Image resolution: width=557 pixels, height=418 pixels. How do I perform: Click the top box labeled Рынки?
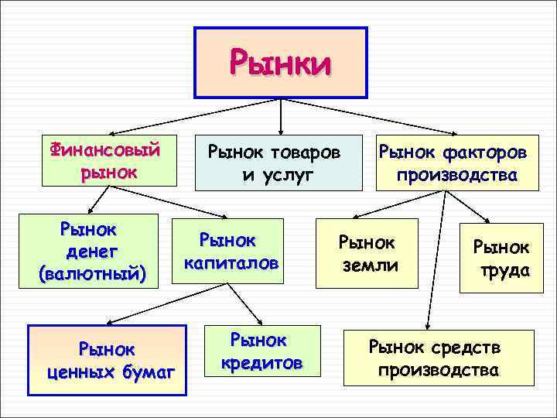(279, 63)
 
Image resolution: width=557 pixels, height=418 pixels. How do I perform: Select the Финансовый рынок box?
(108, 161)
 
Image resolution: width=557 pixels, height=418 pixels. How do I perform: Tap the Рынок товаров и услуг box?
(278, 163)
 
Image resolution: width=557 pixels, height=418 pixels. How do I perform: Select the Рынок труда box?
(501, 259)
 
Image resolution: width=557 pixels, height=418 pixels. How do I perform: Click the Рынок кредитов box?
(261, 351)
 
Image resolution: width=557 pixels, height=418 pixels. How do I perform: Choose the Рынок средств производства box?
(439, 358)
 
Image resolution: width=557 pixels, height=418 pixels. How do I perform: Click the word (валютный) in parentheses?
(91, 272)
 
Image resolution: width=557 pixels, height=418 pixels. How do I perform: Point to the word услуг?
(278, 174)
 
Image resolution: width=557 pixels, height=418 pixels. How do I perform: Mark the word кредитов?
(261, 362)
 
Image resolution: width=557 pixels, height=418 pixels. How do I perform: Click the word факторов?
(487, 152)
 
